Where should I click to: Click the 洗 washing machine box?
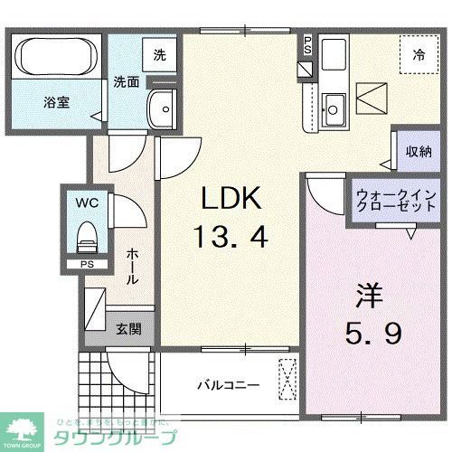158,53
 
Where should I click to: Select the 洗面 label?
126,81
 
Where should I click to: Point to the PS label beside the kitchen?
307,44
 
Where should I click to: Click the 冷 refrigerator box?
419,54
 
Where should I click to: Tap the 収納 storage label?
417,151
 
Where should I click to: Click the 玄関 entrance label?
124,328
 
